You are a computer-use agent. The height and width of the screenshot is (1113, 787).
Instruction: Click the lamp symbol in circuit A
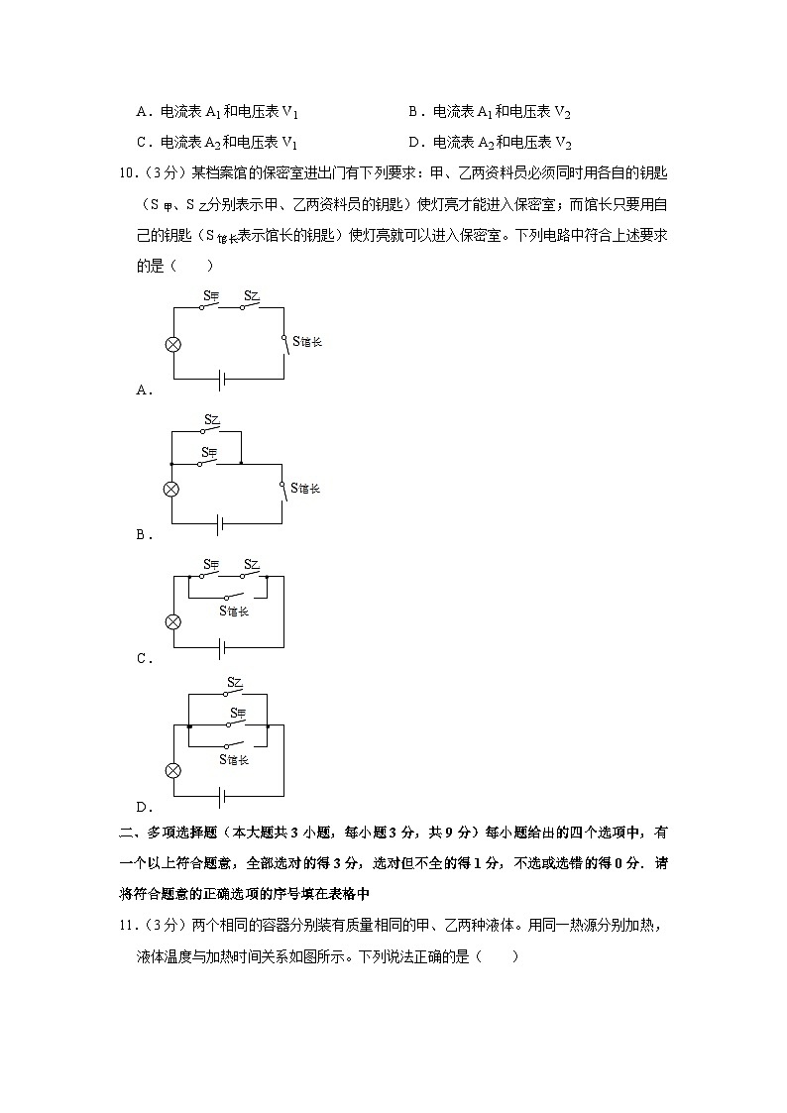click(173, 344)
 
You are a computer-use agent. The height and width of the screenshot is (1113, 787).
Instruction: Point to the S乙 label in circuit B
click(211, 420)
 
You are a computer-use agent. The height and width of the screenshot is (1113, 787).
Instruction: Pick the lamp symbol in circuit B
click(171, 489)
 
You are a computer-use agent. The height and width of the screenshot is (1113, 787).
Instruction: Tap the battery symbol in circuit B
click(220, 523)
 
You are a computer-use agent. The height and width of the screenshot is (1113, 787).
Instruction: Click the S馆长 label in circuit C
click(234, 611)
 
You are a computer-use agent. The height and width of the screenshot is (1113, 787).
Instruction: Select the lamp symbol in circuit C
click(173, 621)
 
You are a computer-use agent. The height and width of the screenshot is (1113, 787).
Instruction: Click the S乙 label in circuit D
click(235, 682)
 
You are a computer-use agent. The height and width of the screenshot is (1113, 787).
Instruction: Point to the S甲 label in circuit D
click(236, 713)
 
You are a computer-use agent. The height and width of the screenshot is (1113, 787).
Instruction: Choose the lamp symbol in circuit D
click(173, 770)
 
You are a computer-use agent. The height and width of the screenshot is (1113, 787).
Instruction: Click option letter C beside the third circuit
click(142, 658)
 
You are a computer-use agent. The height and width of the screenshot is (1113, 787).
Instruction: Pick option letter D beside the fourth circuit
click(142, 806)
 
